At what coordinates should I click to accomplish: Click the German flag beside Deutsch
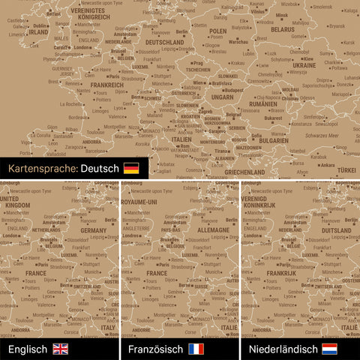[131, 168]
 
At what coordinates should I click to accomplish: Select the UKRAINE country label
[304, 65]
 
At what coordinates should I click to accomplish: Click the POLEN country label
[217, 31]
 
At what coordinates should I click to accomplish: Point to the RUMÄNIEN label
[268, 105]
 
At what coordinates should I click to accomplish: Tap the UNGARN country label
[223, 97]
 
